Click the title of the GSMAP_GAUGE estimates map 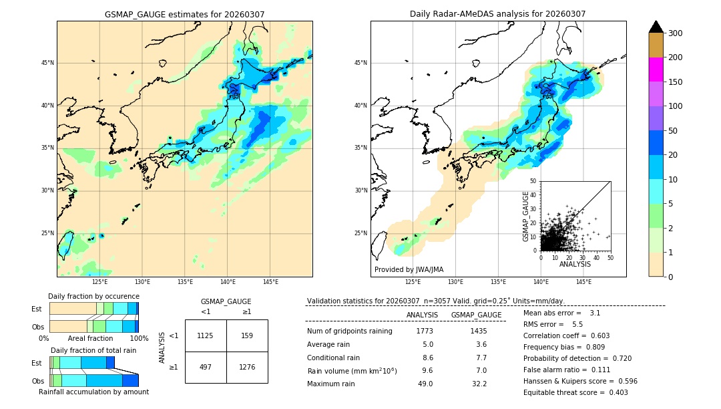(x=184, y=14)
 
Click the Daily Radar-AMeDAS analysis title (x=497, y=14)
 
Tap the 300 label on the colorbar (x=675, y=33)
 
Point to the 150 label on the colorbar (x=675, y=82)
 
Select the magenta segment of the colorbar (x=656, y=70)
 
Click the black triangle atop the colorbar (x=656, y=27)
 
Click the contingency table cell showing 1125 (x=206, y=335)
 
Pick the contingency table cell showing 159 (x=247, y=335)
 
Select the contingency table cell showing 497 (x=206, y=368)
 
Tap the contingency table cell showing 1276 (x=247, y=368)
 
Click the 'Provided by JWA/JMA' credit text (x=409, y=270)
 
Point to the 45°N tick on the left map (x=47, y=63)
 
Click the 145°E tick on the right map (x=583, y=282)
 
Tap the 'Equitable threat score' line (x=575, y=392)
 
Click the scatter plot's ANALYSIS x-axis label (x=575, y=264)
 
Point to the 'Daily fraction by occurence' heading (x=93, y=296)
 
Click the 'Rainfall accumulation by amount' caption (x=93, y=392)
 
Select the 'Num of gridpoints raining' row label (x=349, y=331)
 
